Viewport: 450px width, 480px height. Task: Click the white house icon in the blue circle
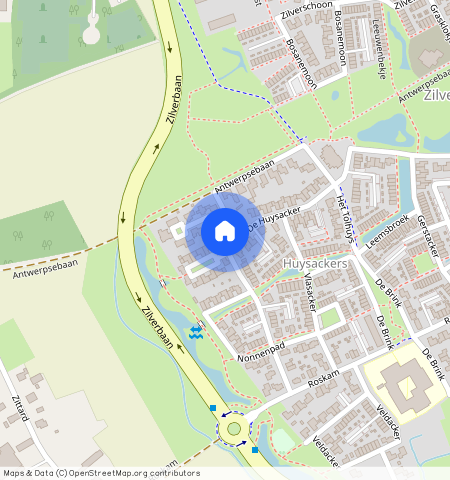pos(225,231)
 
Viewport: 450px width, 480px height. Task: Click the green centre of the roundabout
pos(234,428)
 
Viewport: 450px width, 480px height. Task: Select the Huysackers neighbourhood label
pos(315,263)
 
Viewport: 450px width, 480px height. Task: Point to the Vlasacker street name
pos(310,292)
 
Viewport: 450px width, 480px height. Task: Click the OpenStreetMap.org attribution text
pos(130,473)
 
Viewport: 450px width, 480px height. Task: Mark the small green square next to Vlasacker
pos(329,318)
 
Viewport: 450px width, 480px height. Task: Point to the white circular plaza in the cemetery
pos(91,35)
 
